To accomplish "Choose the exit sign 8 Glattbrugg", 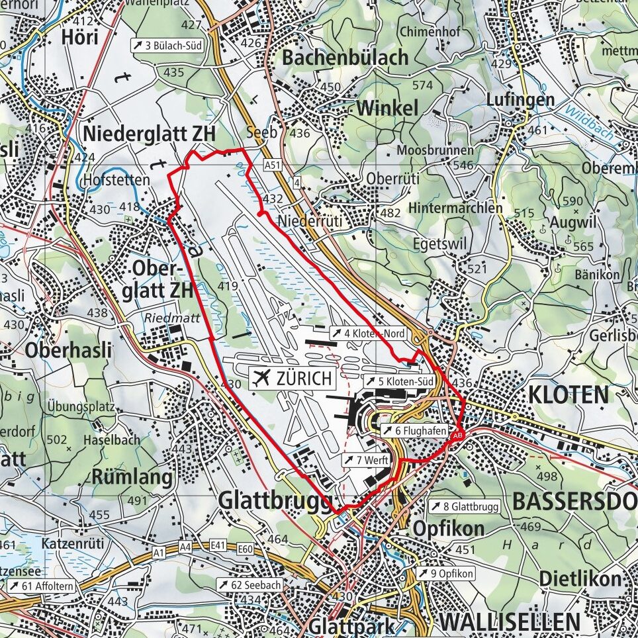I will click(x=464, y=507).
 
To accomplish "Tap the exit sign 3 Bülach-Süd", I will click(x=167, y=46).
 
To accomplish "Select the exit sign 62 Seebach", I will click(x=252, y=585).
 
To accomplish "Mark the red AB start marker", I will click(x=457, y=435).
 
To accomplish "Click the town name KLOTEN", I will click(x=567, y=395).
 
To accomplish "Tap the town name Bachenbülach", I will click(x=345, y=58).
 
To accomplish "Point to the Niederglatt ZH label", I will click(x=150, y=133).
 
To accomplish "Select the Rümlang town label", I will click(x=132, y=477).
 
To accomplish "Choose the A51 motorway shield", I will click(x=271, y=164).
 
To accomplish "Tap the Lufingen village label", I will click(x=511, y=100).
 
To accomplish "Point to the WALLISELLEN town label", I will click(x=509, y=622).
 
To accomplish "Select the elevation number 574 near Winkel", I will click(x=422, y=85).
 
